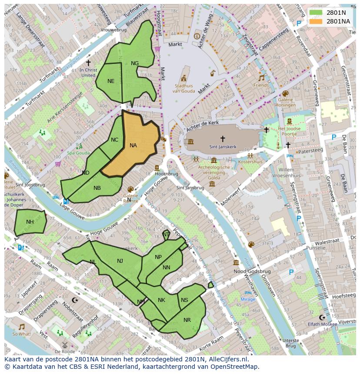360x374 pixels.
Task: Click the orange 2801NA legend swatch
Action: pyautogui.click(x=316, y=21)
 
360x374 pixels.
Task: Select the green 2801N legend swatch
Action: pyautogui.click(x=316, y=13)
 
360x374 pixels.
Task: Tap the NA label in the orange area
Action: pyautogui.click(x=133, y=146)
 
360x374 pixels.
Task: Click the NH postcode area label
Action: pyautogui.click(x=30, y=222)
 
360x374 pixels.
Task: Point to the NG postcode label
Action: pyautogui.click(x=135, y=63)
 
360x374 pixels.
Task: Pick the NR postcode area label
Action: pyautogui.click(x=187, y=320)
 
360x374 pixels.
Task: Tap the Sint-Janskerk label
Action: pyautogui.click(x=223, y=147)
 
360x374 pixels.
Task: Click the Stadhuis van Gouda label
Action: pyautogui.click(x=183, y=88)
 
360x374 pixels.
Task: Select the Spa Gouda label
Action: pyautogui.click(x=78, y=153)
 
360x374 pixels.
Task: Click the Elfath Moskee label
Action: pyautogui.click(x=322, y=324)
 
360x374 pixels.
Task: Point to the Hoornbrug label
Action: pyautogui.click(x=167, y=173)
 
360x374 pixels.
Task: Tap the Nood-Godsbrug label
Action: pyautogui.click(x=252, y=271)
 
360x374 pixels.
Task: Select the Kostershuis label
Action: pyautogui.click(x=250, y=162)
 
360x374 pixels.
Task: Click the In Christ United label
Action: pyautogui.click(x=88, y=72)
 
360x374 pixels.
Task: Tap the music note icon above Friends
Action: pyautogui.click(x=261, y=78)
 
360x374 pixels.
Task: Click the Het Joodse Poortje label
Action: pyautogui.click(x=289, y=132)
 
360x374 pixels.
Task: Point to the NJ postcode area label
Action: pyautogui.click(x=120, y=261)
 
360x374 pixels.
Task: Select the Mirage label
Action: pyautogui.click(x=248, y=299)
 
